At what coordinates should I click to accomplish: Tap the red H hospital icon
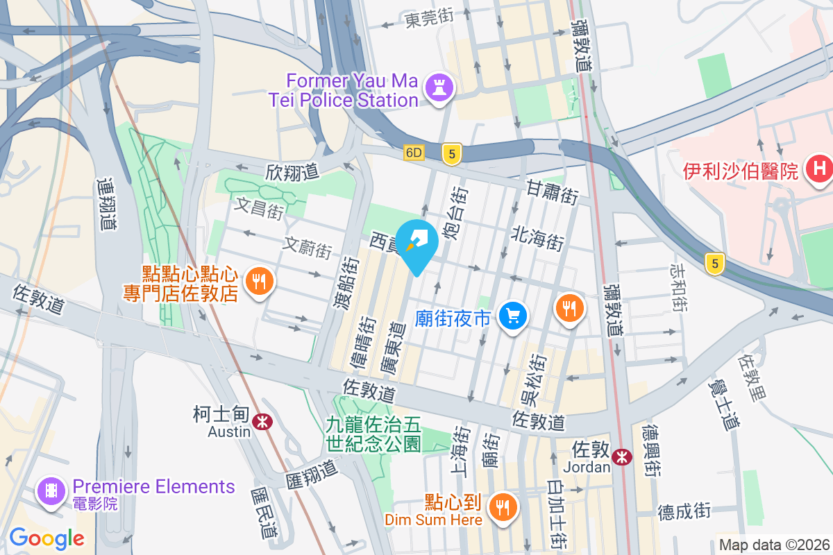(819, 169)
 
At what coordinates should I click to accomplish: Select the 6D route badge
(414, 153)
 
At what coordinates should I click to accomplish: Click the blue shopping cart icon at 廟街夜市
(514, 316)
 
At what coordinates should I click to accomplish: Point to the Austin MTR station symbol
(262, 420)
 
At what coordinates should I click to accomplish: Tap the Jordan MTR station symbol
(622, 456)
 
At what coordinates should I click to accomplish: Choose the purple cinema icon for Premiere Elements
(51, 491)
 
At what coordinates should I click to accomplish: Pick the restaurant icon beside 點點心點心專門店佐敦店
(260, 282)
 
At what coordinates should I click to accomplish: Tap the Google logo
(47, 538)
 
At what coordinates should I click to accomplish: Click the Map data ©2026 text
(773, 545)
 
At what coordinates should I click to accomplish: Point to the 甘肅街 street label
(553, 191)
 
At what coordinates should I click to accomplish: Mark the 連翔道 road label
(106, 203)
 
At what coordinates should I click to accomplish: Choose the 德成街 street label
(684, 512)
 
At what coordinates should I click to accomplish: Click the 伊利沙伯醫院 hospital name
(740, 170)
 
